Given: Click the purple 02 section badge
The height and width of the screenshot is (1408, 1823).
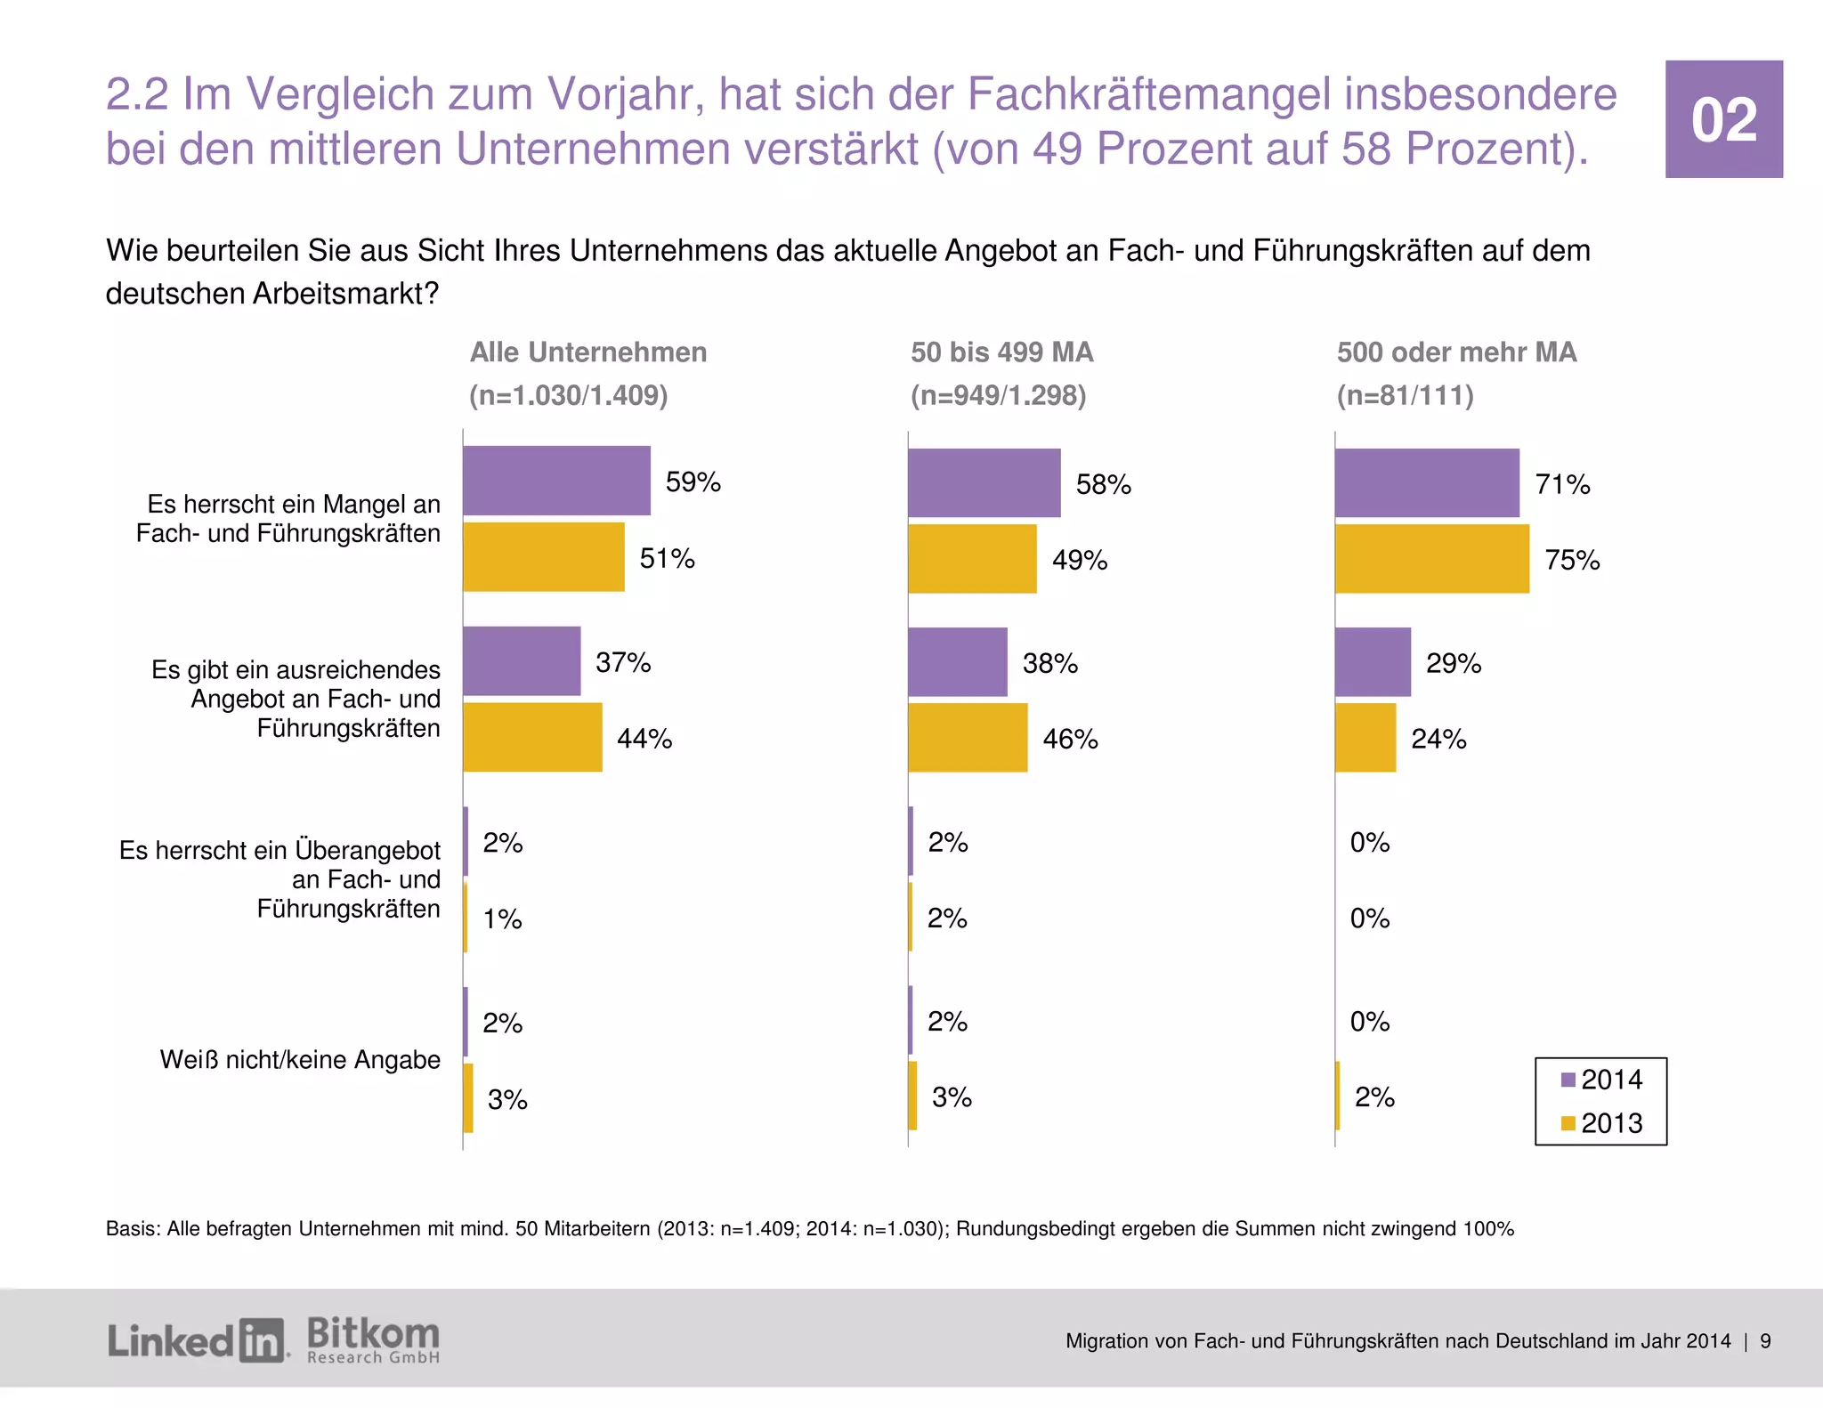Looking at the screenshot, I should click(x=1723, y=119).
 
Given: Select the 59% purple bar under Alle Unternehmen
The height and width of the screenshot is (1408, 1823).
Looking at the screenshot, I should click(x=556, y=481).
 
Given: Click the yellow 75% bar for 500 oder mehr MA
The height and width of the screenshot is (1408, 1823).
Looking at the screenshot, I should click(x=1431, y=559).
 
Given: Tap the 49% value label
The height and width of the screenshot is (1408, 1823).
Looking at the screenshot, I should click(x=1079, y=560).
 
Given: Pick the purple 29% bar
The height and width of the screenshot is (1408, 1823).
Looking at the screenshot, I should click(x=1373, y=662).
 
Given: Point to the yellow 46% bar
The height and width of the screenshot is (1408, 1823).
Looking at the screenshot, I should click(x=968, y=738).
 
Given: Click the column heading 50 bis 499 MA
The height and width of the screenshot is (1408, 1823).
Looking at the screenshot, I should click(x=1001, y=352).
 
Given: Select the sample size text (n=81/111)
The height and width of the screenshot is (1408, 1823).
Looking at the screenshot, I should click(x=1405, y=395).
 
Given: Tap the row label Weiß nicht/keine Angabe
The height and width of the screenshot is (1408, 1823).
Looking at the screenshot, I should click(x=300, y=1059).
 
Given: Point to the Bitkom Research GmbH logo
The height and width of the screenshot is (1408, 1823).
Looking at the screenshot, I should click(x=373, y=1340).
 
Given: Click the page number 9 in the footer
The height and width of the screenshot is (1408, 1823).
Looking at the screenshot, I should click(x=1765, y=1341).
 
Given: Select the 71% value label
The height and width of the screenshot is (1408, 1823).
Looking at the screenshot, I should click(x=1562, y=484).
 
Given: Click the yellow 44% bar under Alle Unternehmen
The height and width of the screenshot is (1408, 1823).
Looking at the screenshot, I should click(x=532, y=737).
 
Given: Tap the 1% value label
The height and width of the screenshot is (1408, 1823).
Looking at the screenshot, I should click(x=502, y=918).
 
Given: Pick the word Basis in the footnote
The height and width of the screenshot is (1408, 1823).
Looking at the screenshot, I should click(x=131, y=1229).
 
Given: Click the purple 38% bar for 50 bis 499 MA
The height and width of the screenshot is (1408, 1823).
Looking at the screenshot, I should click(x=958, y=662).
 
